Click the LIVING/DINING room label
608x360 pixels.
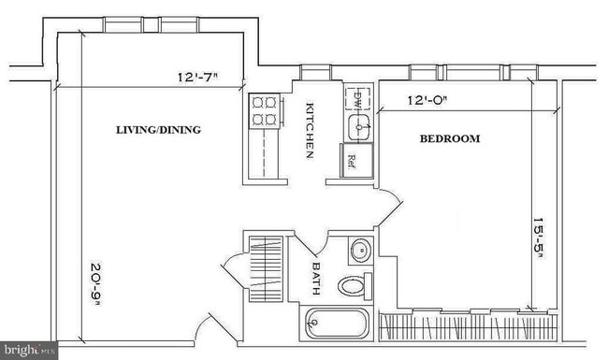click(158, 130)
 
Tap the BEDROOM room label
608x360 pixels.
click(449, 138)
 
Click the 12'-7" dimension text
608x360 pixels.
click(200, 79)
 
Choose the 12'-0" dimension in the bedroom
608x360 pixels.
click(429, 100)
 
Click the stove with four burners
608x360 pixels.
click(263, 111)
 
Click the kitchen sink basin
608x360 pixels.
click(357, 126)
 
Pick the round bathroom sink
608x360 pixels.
click(359, 251)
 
